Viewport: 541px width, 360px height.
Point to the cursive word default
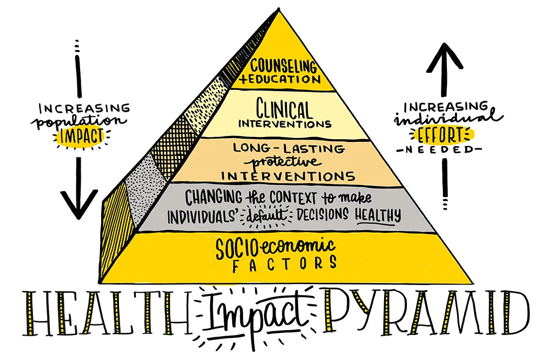266,215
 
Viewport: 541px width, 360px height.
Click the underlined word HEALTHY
377,215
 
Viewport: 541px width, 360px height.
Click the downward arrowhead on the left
78,202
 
